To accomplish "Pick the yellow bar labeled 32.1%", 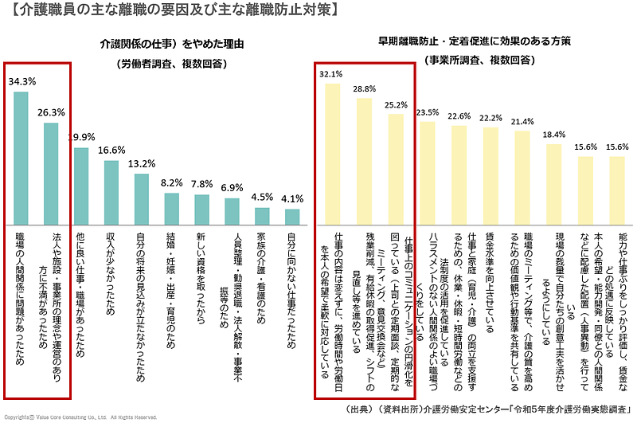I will coord(331,152).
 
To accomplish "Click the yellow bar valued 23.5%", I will coord(428,171).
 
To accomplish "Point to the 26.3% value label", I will coord(52,112).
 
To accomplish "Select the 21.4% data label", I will coord(522,121).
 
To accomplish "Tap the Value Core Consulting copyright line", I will coord(80,417).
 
